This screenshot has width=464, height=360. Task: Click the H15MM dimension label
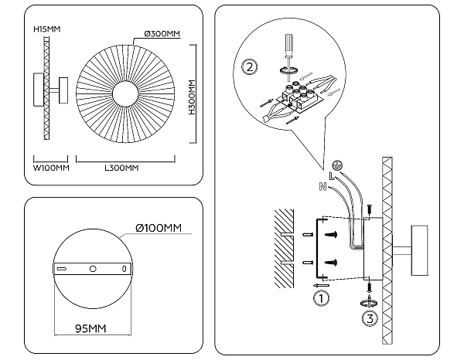[47, 29]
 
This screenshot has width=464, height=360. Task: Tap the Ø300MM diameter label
[162, 33]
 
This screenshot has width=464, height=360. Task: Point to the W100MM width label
[51, 168]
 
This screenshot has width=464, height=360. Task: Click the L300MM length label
[122, 168]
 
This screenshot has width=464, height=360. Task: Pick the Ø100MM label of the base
[158, 228]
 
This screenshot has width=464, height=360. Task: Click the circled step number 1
[321, 297]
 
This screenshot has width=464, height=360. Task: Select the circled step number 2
[250, 67]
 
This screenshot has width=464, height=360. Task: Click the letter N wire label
[319, 188]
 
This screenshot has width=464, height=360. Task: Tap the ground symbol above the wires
[337, 165]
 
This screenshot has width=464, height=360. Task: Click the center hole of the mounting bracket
[91, 268]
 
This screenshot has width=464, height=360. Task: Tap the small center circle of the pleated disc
[125, 93]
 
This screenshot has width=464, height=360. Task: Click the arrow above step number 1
[317, 284]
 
